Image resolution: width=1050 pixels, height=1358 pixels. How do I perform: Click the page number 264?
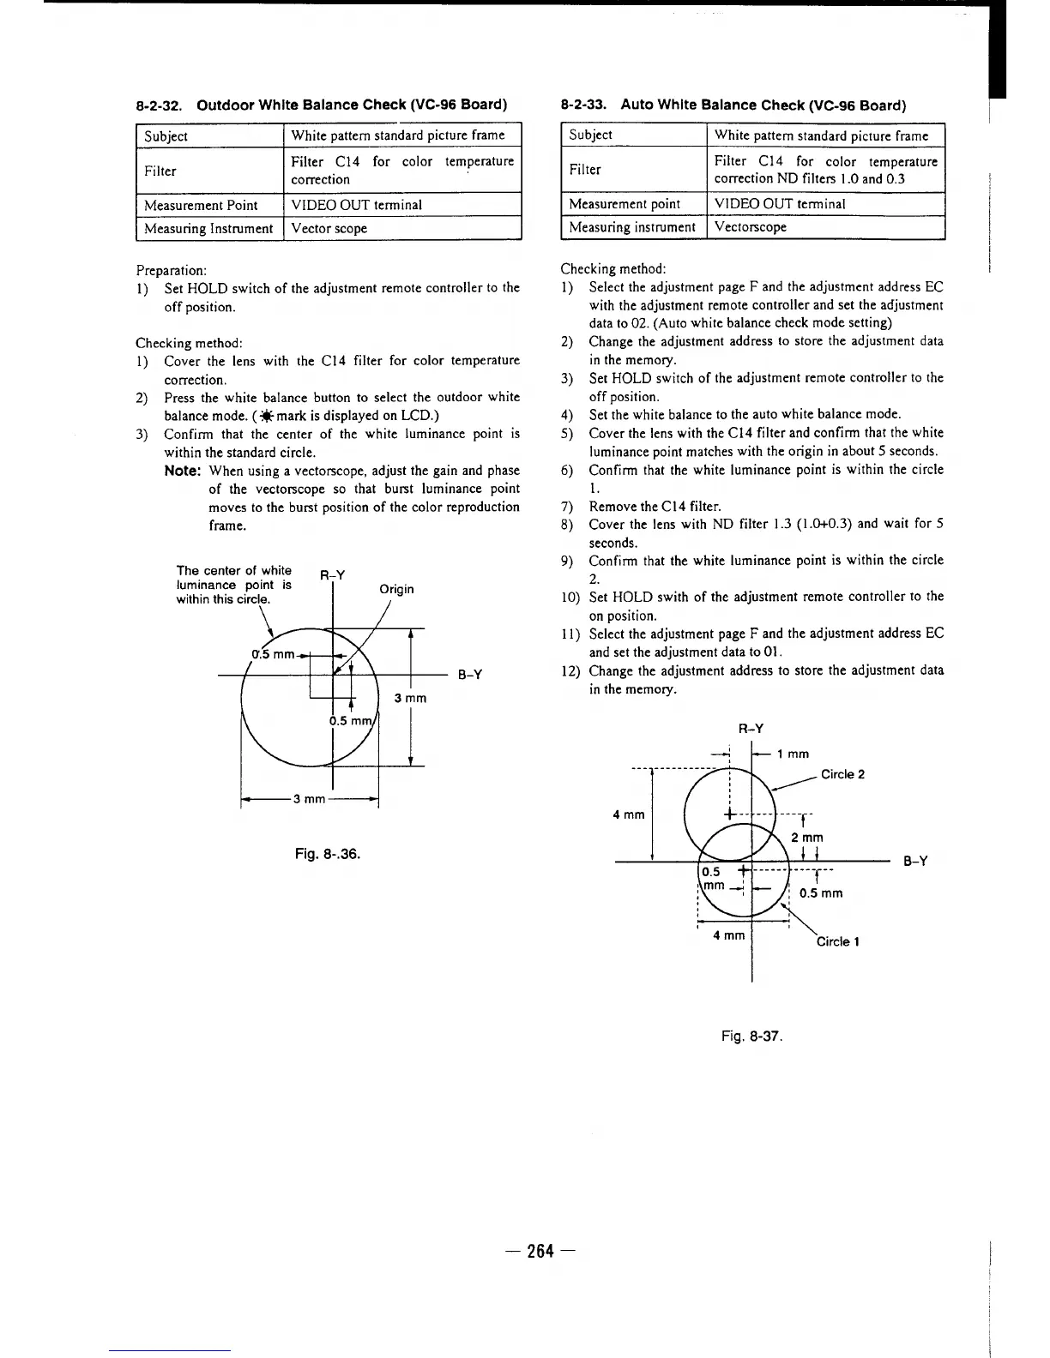tap(540, 1251)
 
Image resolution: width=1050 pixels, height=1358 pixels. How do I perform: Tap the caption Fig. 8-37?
tap(752, 1036)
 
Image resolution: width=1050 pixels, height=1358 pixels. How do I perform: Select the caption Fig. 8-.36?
tap(328, 854)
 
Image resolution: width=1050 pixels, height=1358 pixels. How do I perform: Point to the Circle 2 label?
tap(842, 774)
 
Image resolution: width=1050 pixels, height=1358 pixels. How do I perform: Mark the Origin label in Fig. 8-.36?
tap(396, 589)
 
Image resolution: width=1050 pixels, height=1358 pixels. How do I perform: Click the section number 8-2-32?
tap(162, 105)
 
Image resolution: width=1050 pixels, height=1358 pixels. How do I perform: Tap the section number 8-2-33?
tap(584, 105)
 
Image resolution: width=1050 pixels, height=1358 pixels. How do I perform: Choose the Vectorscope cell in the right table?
tap(751, 227)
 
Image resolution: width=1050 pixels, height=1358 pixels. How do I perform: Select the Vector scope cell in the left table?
tap(329, 228)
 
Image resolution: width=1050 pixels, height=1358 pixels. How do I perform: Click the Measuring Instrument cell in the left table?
tap(208, 228)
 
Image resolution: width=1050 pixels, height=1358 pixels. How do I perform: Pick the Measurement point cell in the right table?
tap(625, 204)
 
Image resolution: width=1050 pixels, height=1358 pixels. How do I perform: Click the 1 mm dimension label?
tap(793, 754)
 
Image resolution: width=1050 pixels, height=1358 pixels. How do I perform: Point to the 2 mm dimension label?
tap(807, 838)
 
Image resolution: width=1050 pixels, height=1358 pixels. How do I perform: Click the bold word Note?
tap(183, 471)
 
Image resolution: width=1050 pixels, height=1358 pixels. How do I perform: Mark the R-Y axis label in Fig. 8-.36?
tap(332, 575)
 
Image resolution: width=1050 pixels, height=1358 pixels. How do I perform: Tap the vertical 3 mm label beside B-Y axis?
tap(410, 698)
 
